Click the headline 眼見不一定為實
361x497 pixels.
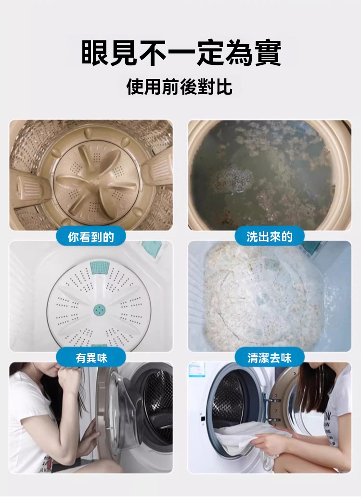click(181, 53)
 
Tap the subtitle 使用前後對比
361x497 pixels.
click(180, 87)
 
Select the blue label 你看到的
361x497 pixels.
click(91, 236)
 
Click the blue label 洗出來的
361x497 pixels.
click(270, 236)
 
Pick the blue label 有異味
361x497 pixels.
click(91, 358)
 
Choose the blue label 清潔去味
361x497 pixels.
click(270, 358)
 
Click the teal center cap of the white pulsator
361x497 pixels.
click(99, 310)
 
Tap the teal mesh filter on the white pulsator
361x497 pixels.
click(100, 268)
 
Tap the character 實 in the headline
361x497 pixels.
click(268, 53)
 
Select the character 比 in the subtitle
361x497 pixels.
click(224, 87)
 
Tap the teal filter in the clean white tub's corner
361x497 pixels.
click(152, 246)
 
